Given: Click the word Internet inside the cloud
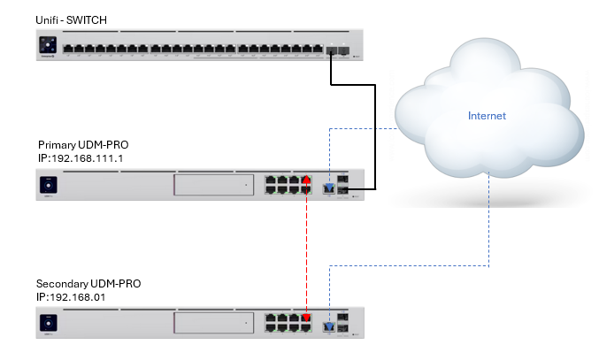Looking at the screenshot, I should [487, 115].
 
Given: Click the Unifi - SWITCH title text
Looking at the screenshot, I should [71, 20].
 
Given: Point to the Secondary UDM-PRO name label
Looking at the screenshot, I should [88, 283].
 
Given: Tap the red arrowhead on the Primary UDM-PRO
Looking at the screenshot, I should [306, 181].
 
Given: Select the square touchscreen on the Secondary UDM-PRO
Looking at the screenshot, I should [49, 326].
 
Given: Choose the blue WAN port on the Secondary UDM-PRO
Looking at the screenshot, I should [330, 327].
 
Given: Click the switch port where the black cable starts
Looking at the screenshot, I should [330, 51].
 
